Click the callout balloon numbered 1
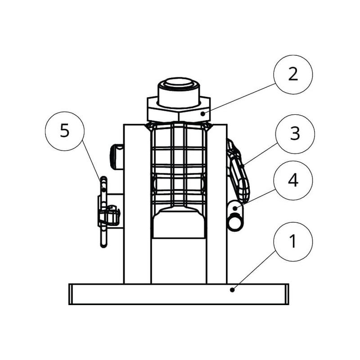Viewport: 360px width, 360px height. click(x=293, y=242)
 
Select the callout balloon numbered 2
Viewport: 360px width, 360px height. click(x=293, y=74)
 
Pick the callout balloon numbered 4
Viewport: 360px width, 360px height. click(x=293, y=180)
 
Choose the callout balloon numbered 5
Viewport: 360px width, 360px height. click(x=65, y=131)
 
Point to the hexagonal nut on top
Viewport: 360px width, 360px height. click(x=179, y=109)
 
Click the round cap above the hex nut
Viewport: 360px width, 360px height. click(x=179, y=88)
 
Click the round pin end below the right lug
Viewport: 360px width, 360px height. click(x=236, y=221)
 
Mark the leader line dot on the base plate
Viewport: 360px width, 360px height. click(x=232, y=290)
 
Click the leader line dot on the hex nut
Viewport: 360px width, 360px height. click(x=203, y=113)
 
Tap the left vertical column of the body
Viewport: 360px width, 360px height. click(x=137, y=202)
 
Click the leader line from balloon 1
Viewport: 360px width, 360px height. click(x=256, y=270)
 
